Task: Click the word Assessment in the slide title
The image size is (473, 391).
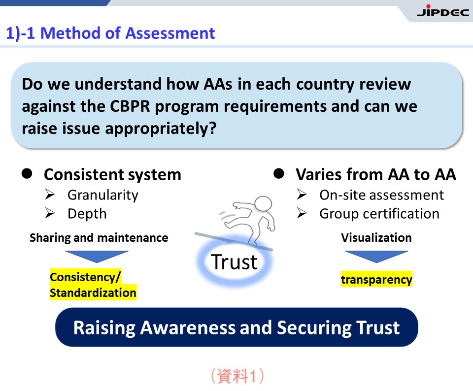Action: click(x=170, y=33)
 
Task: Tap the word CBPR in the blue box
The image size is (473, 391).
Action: click(x=130, y=106)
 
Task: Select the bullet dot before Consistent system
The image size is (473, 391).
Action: click(x=27, y=174)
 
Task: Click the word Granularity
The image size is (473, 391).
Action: click(x=103, y=195)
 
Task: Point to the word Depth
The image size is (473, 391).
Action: click(x=87, y=214)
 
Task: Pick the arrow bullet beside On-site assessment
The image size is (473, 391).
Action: click(x=302, y=195)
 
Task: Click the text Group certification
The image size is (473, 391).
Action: click(x=379, y=214)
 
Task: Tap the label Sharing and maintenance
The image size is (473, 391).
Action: click(x=99, y=237)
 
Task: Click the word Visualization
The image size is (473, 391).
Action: click(x=376, y=237)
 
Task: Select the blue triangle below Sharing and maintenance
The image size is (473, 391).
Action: click(x=97, y=256)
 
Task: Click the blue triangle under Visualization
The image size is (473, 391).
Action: click(x=376, y=256)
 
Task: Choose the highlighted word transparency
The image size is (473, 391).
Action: click(x=376, y=279)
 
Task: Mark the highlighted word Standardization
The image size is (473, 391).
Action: click(x=93, y=293)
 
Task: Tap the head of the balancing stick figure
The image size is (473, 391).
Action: click(x=263, y=204)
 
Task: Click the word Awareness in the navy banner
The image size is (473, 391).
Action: click(x=188, y=327)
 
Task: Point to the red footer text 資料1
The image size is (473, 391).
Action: click(x=237, y=376)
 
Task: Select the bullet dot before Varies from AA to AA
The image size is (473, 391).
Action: click(x=279, y=174)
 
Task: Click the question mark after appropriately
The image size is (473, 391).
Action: click(x=213, y=128)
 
